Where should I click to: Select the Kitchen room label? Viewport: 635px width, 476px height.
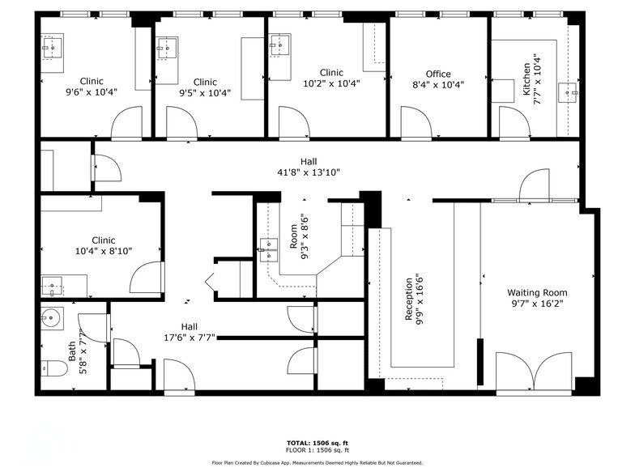526,79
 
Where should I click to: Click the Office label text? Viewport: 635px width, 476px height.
438,74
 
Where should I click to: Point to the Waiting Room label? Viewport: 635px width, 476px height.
537,292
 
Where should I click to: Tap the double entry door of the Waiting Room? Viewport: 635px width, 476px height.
526,372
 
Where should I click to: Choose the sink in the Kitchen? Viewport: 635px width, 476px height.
573,92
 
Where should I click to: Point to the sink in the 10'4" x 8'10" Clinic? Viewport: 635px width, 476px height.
53,285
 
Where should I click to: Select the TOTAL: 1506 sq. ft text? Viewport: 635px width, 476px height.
317,444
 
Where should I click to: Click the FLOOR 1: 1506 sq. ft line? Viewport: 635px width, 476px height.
317,451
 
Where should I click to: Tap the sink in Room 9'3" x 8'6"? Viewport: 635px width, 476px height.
268,244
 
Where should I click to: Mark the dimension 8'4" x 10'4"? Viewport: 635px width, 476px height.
438,84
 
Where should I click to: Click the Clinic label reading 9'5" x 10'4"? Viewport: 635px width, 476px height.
205,87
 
